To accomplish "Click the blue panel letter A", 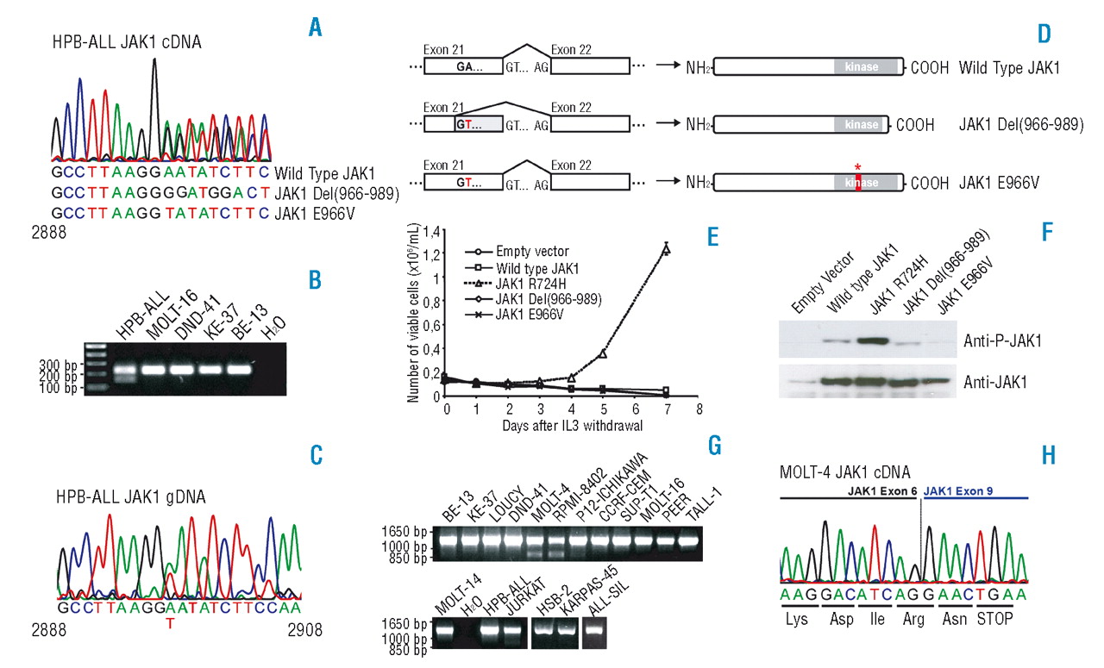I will pos(315,28).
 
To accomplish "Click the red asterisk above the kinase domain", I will pos(857,167).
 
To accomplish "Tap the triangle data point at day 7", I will pos(666,249).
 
